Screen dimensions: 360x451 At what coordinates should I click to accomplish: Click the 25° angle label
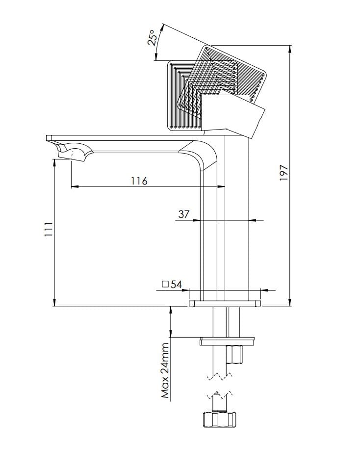pos(153,38)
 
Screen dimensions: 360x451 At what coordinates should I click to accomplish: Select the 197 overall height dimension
pos(283,173)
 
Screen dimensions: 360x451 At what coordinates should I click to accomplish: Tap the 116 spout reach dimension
pos(139,181)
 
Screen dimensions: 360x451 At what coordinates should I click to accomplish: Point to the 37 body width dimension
pos(184,214)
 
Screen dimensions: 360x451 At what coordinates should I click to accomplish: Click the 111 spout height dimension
pos(48,229)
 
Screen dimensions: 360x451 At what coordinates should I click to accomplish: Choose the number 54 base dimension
pos(176,285)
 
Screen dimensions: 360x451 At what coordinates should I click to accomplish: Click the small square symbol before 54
pos(165,285)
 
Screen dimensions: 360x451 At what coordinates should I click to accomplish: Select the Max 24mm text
pos(165,371)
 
